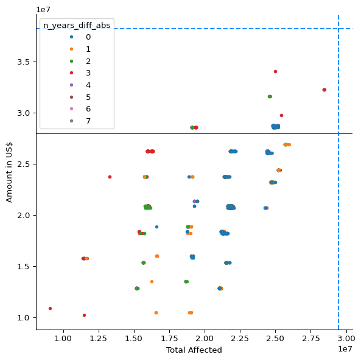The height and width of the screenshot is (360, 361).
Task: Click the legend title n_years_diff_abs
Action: pyautogui.click(x=77, y=26)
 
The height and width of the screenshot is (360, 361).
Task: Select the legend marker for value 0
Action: pyautogui.click(x=72, y=37)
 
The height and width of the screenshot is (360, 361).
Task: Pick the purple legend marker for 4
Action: pyautogui.click(x=72, y=85)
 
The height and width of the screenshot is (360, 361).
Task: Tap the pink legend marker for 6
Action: pyautogui.click(x=72, y=108)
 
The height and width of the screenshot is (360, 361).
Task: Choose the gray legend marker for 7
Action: pyautogui.click(x=72, y=121)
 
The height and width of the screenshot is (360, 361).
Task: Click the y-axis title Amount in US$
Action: pyautogui.click(x=9, y=172)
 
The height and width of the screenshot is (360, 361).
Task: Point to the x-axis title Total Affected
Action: pyautogui.click(x=194, y=350)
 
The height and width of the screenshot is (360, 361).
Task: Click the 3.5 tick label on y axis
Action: pyautogui.click(x=24, y=62)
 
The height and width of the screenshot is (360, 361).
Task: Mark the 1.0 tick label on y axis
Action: pyautogui.click(x=24, y=317)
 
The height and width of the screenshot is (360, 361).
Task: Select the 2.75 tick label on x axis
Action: pyautogui.click(x=311, y=339)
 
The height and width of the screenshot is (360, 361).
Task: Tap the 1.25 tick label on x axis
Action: pyautogui.click(x=99, y=339)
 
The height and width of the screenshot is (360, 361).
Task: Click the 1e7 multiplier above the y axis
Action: pyautogui.click(x=43, y=10)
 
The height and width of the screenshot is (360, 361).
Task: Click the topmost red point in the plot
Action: pyautogui.click(x=275, y=72)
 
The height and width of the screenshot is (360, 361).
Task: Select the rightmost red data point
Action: pyautogui.click(x=324, y=90)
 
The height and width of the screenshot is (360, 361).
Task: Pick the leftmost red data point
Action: pyautogui.click(x=50, y=309)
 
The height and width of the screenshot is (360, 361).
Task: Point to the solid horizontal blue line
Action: pyautogui.click(x=195, y=133)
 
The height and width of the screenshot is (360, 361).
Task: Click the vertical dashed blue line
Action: pyautogui.click(x=338, y=172)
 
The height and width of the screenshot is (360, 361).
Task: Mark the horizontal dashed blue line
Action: pyautogui.click(x=195, y=29)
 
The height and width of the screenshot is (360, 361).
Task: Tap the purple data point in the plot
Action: pyautogui.click(x=194, y=201)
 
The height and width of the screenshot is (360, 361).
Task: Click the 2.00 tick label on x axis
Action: pyautogui.click(x=205, y=339)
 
